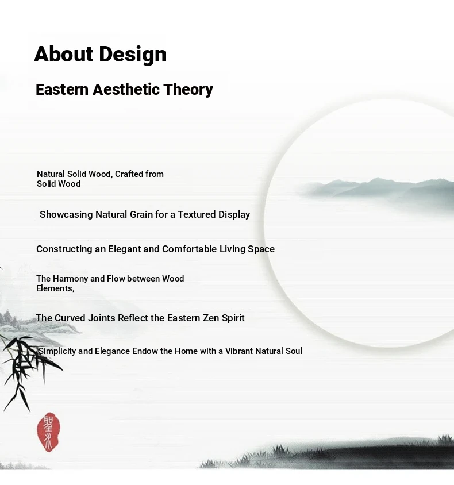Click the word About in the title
63,54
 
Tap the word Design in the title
133,55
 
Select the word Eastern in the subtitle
62,90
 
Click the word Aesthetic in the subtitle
126,90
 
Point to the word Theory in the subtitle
188,90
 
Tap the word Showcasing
66,215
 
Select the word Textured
197,214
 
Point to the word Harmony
70,279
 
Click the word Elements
55,288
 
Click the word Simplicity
57,351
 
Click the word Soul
294,351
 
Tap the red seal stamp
48,432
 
